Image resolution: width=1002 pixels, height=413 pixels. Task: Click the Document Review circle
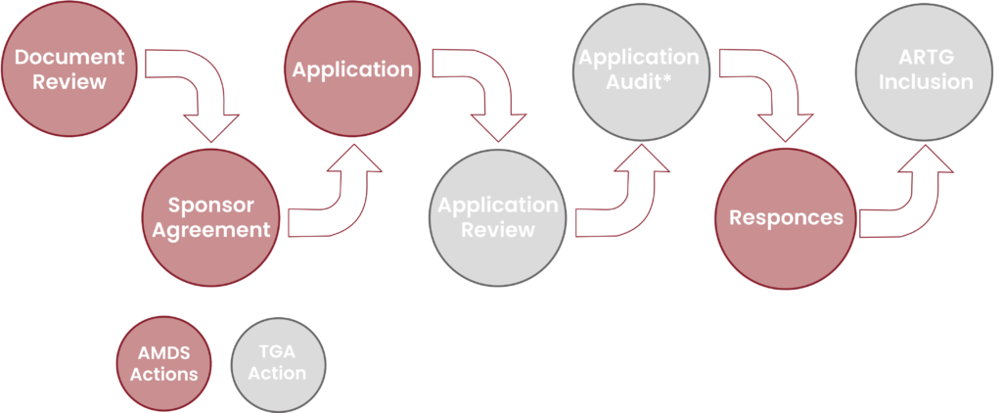click(x=68, y=69)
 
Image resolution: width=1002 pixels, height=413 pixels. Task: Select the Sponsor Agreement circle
click(x=210, y=217)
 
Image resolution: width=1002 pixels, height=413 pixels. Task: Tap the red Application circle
click(x=352, y=69)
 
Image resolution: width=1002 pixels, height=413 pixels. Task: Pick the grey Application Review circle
click(x=497, y=217)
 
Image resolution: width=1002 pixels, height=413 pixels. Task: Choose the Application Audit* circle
click(x=639, y=69)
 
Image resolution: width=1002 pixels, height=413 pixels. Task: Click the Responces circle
click(x=785, y=217)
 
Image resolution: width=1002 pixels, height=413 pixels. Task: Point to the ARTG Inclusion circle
click(x=925, y=69)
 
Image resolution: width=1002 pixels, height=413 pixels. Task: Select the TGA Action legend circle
click(x=278, y=364)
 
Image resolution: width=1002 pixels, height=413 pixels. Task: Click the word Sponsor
click(x=210, y=206)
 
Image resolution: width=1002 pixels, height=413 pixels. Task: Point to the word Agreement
click(x=210, y=231)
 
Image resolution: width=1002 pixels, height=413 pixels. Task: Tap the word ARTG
click(x=925, y=58)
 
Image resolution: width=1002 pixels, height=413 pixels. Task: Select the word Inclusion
click(x=925, y=82)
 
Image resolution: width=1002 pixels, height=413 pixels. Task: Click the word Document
click(x=68, y=57)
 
